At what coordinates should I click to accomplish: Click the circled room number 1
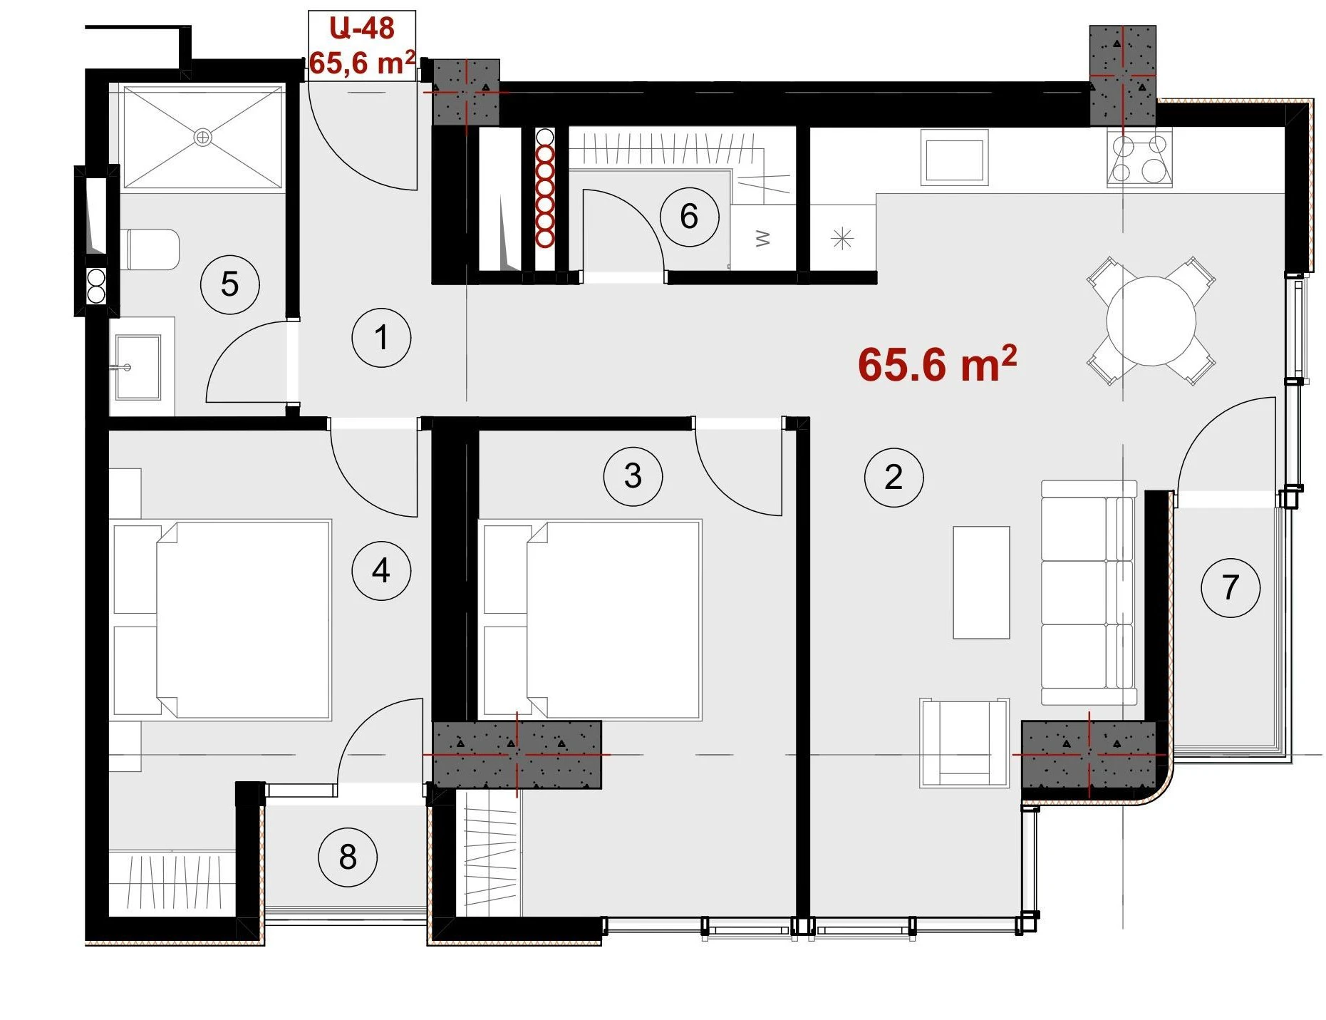pos(381,338)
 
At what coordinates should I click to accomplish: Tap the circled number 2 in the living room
pos(894,477)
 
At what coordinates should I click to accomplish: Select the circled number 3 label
pos(633,476)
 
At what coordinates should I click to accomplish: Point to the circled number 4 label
pos(381,570)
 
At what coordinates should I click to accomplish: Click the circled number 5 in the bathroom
pos(229,284)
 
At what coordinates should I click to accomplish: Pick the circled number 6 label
pos(689,217)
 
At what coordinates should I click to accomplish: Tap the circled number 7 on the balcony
pos(1231,587)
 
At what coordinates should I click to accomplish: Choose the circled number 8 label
pos(348,857)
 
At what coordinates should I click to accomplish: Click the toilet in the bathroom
pos(151,249)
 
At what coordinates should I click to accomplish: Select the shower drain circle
pos(203,137)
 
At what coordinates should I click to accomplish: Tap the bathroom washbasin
pos(138,367)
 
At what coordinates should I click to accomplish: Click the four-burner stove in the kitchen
pos(1139,158)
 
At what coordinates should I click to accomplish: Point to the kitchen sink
pos(954,158)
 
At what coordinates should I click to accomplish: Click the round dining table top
pos(1151,321)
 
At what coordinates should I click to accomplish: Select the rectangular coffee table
pos(981,582)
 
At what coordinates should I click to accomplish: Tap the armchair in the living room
pos(965,743)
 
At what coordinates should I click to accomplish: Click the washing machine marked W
pos(763,237)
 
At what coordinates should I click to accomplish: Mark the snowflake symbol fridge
pos(843,238)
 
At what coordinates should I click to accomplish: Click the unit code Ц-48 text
pos(362,29)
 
